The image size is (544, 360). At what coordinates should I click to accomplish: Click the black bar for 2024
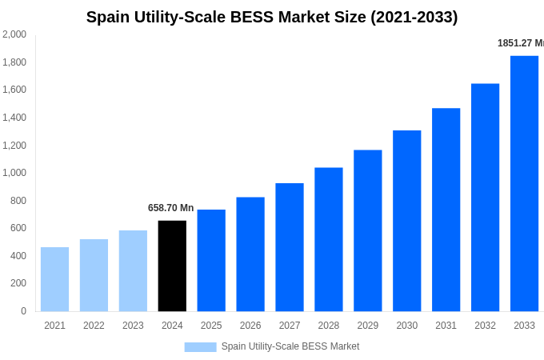(172, 266)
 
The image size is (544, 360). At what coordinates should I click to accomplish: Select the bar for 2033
(524, 183)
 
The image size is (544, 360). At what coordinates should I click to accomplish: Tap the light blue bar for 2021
(54, 279)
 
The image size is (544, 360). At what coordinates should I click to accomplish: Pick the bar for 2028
(329, 239)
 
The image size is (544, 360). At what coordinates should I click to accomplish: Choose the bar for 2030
(406, 221)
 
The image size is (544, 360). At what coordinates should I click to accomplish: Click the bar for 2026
(250, 254)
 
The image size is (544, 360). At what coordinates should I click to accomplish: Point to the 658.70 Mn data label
(170, 208)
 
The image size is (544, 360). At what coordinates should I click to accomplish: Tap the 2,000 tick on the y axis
(14, 34)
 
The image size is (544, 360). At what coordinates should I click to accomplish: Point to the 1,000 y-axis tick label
(14, 173)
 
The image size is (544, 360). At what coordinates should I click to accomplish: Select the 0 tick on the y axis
(23, 311)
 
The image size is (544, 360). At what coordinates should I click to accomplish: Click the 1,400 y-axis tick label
(14, 118)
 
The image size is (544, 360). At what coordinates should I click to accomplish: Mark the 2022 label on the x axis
(94, 326)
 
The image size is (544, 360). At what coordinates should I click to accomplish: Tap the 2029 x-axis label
(368, 326)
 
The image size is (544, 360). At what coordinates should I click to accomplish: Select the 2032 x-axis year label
(485, 326)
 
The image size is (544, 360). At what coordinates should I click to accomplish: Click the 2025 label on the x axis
(211, 326)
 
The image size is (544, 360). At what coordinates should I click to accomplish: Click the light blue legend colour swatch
(200, 347)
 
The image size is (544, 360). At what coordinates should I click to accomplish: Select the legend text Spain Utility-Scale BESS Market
(290, 346)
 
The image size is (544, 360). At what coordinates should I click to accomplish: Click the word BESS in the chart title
(250, 17)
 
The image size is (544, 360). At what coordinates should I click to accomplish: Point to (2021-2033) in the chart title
(414, 17)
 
